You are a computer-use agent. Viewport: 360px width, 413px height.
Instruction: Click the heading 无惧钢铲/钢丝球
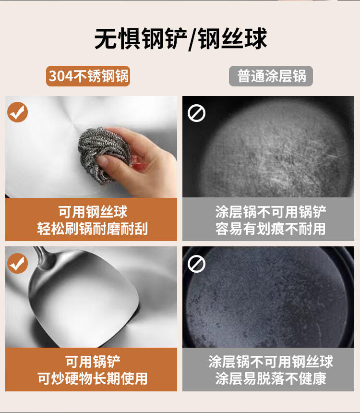tap(180, 39)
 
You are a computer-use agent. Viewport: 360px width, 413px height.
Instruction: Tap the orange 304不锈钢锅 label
tap(88, 76)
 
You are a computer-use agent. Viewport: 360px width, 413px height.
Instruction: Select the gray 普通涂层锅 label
tap(271, 76)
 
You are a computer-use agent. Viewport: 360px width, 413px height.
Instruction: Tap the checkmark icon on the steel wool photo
tap(17, 112)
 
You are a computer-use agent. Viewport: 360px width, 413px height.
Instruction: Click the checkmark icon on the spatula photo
tap(17, 263)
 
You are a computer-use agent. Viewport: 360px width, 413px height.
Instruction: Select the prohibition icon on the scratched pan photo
tap(196, 113)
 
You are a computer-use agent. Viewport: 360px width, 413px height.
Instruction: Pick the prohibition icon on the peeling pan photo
tap(196, 264)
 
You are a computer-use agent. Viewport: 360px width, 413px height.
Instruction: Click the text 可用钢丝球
tap(93, 212)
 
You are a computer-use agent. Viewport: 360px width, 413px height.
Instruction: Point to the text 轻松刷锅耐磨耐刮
tap(93, 229)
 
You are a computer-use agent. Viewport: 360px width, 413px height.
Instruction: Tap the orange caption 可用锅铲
tap(93, 362)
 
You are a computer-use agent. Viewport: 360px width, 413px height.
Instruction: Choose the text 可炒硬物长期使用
tap(93, 378)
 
